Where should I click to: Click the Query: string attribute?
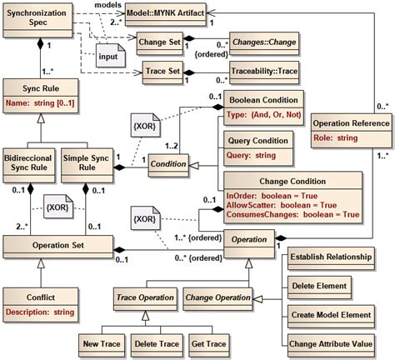tap(252, 154)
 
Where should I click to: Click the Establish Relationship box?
tap(330, 257)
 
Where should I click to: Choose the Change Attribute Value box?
tap(330, 342)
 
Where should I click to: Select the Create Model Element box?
tap(330, 314)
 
